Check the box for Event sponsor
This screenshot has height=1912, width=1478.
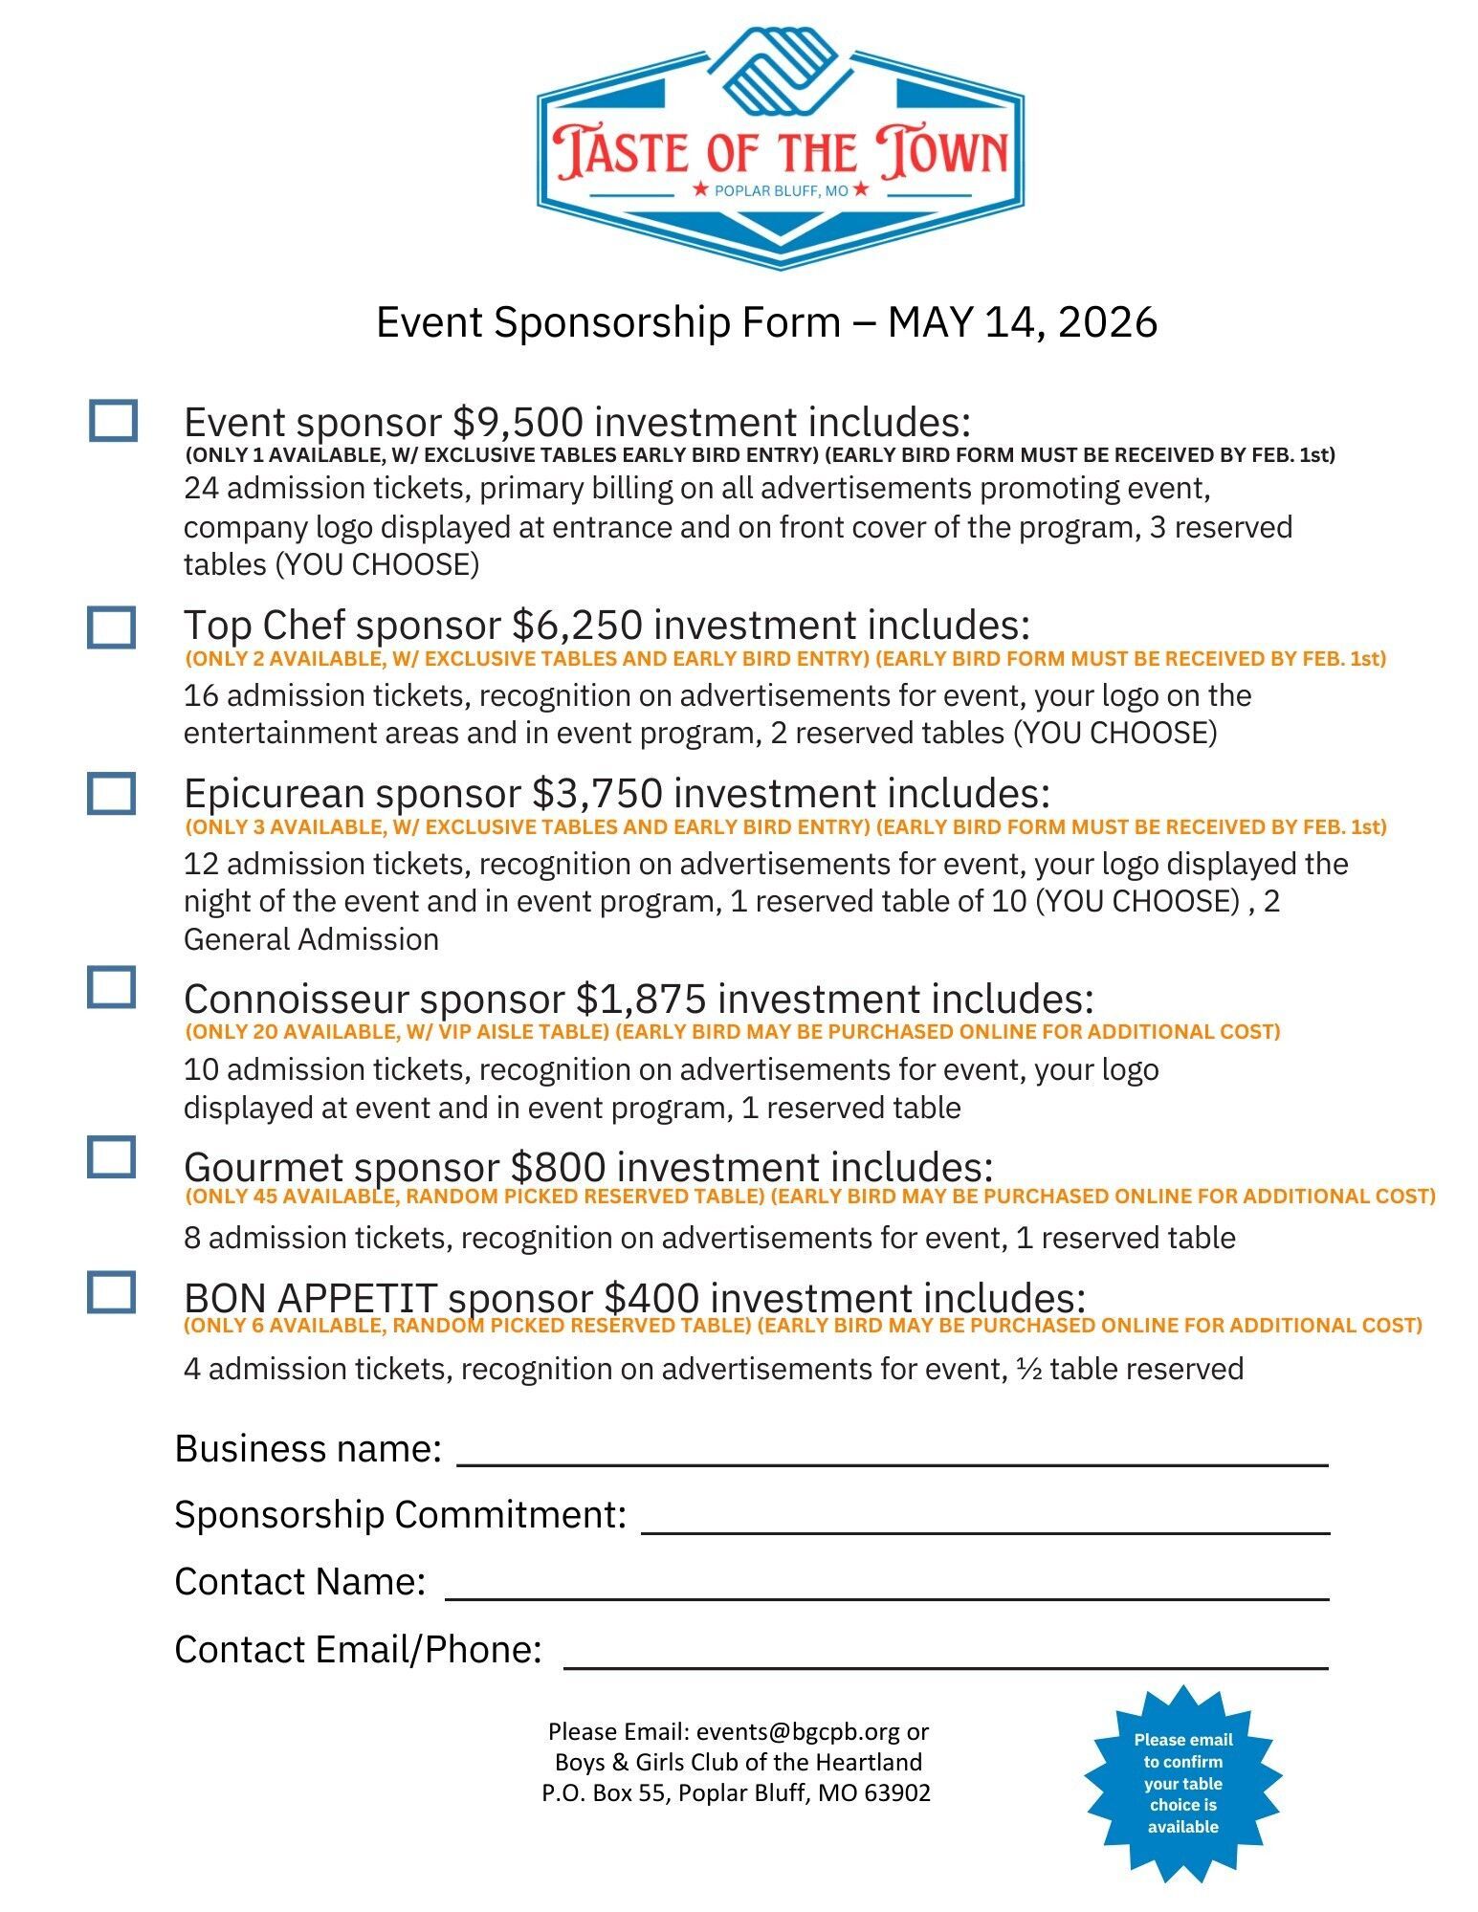coord(113,421)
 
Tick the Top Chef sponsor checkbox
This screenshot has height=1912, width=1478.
coord(111,627)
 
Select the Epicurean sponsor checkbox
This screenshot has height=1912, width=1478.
coord(111,794)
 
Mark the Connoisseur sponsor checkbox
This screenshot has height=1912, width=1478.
coord(111,987)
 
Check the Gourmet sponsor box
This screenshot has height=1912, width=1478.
coord(111,1157)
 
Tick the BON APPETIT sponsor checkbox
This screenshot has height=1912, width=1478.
coord(111,1292)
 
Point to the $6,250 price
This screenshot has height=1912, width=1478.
coord(577,626)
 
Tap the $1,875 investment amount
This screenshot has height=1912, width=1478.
coord(640,1000)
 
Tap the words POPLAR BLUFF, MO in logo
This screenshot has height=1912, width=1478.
coord(781,190)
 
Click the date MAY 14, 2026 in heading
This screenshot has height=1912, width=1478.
coord(1022,322)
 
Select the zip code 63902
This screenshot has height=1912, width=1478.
coord(896,1792)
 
